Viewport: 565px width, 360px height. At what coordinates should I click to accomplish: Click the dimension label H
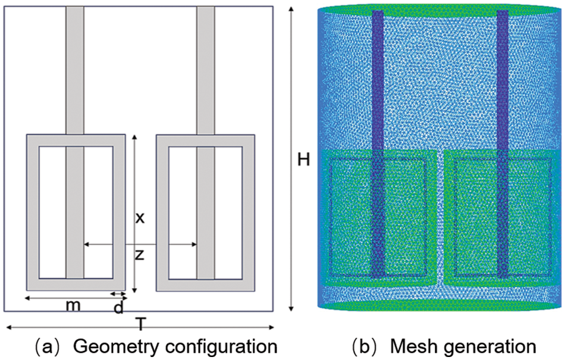304,159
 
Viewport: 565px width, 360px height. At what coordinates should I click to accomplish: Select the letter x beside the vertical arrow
140,218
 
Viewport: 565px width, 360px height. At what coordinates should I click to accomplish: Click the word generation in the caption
486,346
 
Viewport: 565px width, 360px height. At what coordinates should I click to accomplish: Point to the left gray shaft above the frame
75,68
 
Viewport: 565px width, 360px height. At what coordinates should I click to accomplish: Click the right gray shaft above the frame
205,68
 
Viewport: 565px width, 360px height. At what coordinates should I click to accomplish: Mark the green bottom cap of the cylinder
440,306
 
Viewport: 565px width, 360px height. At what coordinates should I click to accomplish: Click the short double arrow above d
119,294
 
